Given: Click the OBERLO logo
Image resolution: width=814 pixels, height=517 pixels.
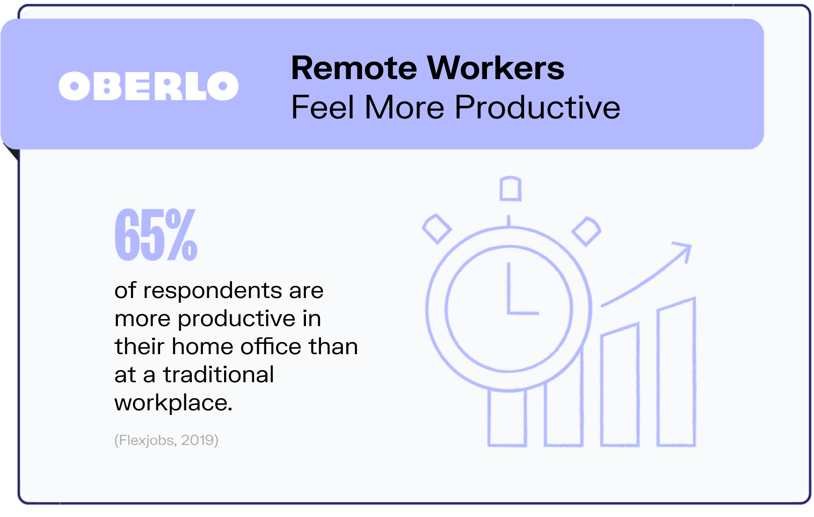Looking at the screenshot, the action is pos(148,86).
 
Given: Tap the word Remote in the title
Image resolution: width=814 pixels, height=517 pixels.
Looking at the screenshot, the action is pos(354,68).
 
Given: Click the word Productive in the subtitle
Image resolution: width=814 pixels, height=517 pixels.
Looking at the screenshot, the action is pos(538,108).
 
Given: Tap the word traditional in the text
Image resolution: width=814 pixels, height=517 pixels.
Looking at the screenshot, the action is pos(218,375).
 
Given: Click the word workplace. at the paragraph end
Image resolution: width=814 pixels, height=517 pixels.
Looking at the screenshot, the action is pos(174,403).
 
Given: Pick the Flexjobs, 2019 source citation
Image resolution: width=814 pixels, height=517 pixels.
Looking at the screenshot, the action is pos(167,440).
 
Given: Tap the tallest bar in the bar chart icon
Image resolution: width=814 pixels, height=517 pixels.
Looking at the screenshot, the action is pos(676,372).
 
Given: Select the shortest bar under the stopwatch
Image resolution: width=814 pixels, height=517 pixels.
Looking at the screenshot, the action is pos(507,417).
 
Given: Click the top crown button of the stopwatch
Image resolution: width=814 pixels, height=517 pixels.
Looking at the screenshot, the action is pos(510,189).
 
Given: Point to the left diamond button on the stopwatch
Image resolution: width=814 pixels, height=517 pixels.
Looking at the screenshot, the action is pos(437,229).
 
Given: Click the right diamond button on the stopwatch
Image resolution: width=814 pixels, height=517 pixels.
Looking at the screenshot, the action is pos(587,231).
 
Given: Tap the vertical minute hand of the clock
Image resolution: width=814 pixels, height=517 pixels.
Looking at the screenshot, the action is pos(509,287).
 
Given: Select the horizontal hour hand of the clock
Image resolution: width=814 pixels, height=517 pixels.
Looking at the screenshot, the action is pos(523,313).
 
